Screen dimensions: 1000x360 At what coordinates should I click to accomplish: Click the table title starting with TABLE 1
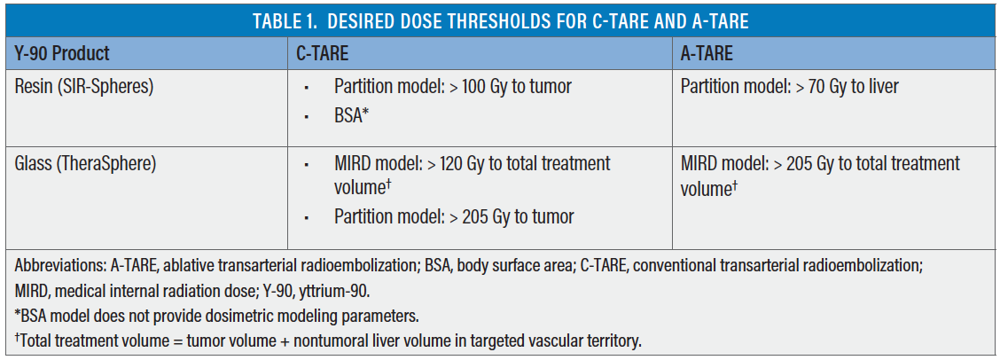[500, 21]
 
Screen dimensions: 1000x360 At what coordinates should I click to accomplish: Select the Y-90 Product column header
[62, 53]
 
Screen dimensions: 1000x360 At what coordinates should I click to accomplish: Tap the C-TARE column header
[322, 53]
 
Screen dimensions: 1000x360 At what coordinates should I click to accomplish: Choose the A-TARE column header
[707, 53]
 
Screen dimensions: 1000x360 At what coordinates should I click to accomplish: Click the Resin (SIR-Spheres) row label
[84, 87]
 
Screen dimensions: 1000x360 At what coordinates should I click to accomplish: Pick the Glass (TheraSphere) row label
[85, 163]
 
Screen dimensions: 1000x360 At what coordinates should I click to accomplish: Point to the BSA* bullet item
[352, 117]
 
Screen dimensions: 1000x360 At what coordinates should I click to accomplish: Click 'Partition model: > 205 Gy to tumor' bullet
[454, 217]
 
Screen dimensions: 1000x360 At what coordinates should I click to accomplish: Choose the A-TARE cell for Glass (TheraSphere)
[819, 176]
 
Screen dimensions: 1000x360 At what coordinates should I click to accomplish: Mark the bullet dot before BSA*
[308, 117]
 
